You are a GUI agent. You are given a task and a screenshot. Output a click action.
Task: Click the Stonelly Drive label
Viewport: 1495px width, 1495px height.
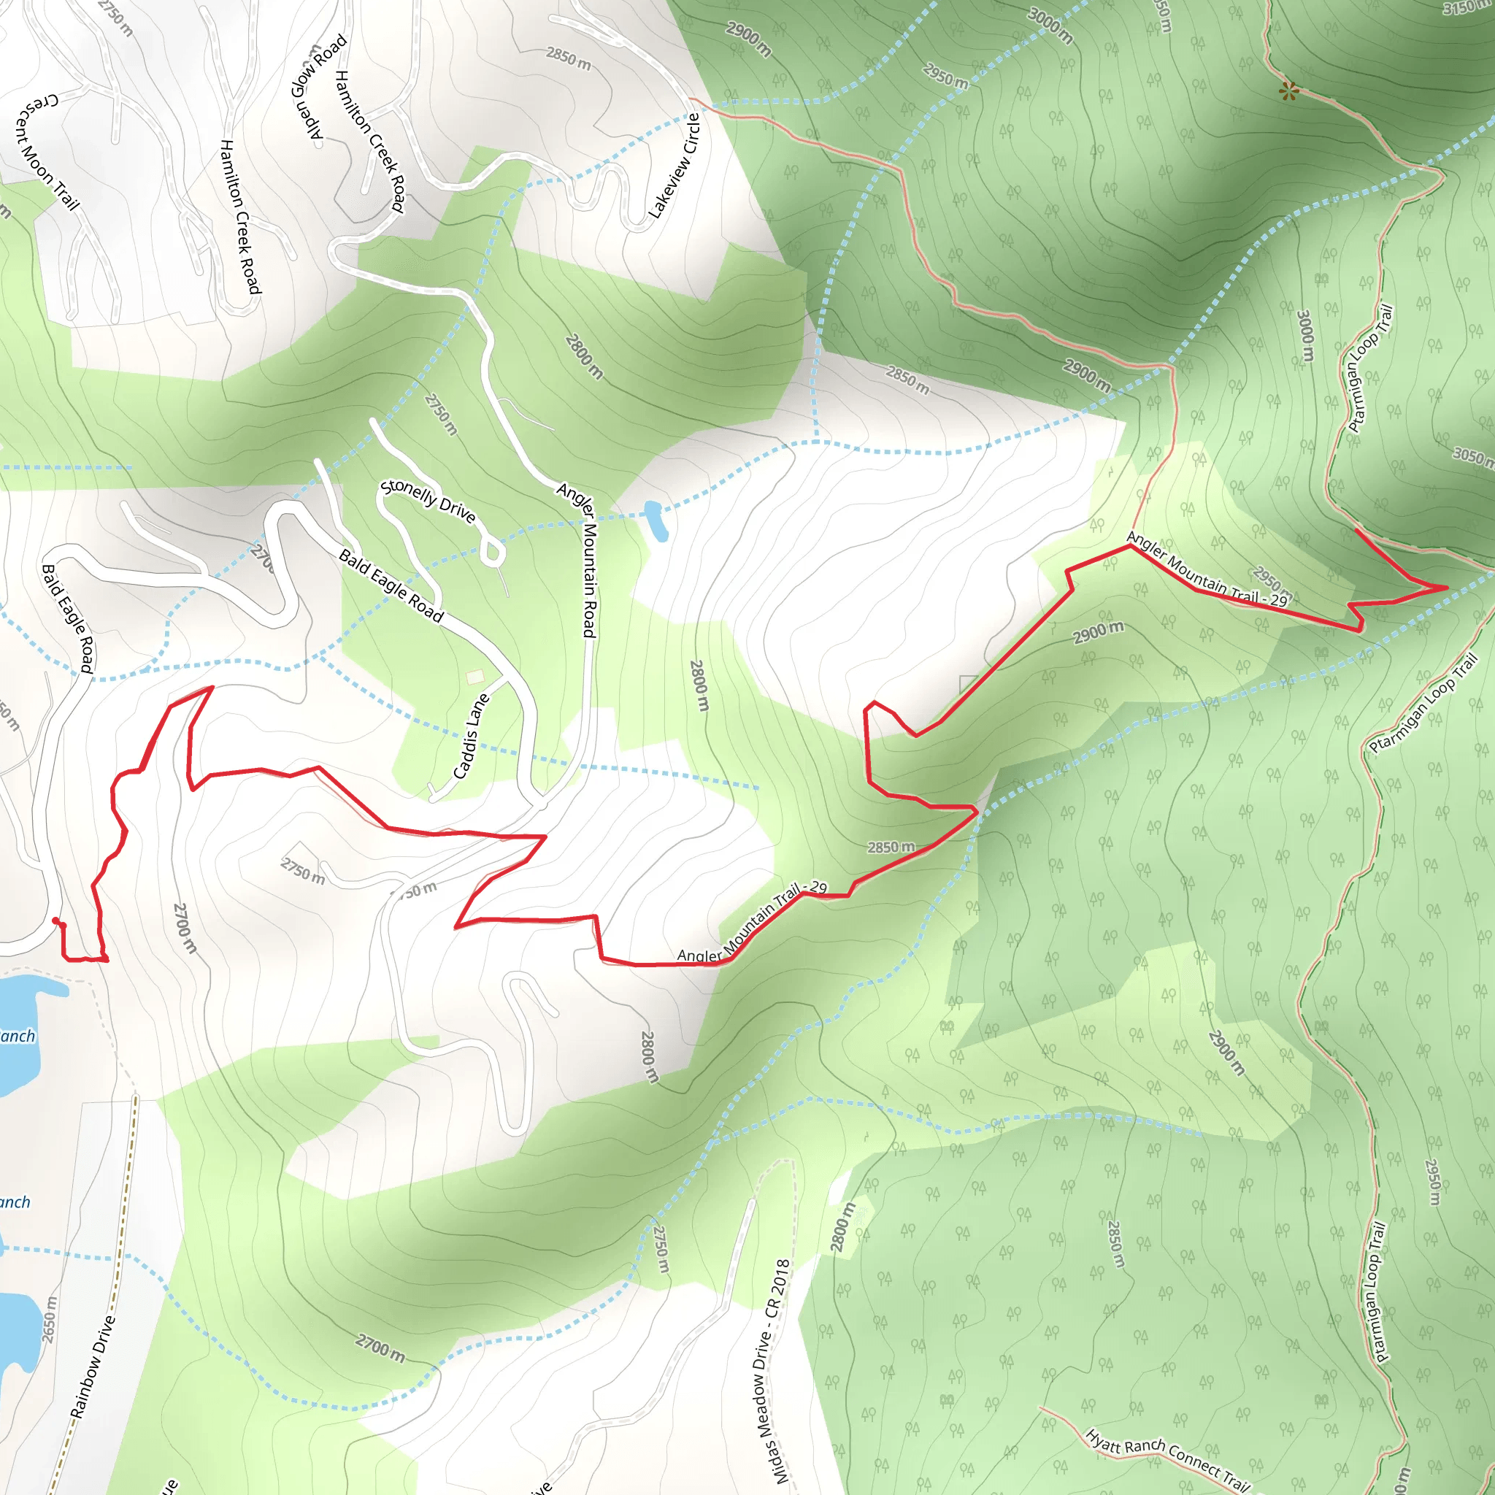(428, 501)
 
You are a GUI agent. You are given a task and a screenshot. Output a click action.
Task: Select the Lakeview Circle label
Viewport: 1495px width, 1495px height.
(674, 166)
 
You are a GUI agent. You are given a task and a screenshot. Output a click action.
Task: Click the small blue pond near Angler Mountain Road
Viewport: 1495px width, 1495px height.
(656, 520)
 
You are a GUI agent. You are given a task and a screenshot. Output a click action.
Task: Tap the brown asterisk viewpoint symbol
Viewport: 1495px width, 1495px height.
(1288, 92)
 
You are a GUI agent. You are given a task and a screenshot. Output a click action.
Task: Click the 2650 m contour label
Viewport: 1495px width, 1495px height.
(50, 1320)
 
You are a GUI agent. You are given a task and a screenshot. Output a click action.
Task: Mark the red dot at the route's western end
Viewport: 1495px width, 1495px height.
(55, 921)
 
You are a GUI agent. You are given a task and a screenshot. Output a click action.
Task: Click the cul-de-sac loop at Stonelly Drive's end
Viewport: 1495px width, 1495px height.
(492, 553)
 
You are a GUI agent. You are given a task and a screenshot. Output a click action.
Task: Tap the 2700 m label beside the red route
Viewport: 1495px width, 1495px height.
(184, 928)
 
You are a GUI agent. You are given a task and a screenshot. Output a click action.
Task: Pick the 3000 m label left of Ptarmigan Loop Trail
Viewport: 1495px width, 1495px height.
(1305, 335)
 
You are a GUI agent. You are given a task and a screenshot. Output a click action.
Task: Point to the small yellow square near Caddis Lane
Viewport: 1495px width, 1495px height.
(475, 676)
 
